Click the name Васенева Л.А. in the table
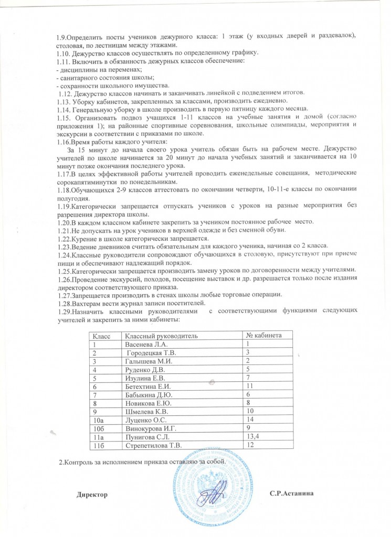tap(145, 344)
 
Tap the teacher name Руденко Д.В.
tap(143, 369)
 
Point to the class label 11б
tap(98, 445)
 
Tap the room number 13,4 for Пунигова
tap(252, 436)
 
